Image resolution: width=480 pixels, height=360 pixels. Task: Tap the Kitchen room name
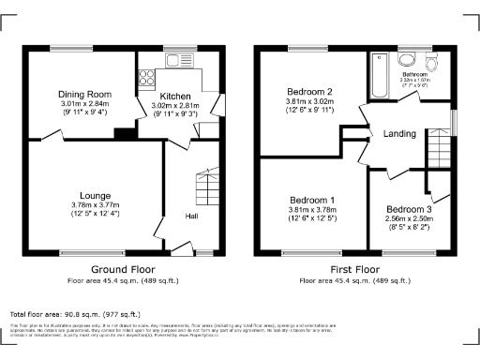click(x=175, y=97)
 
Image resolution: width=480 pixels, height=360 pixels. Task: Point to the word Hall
click(x=191, y=217)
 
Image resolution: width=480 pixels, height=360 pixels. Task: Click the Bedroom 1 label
click(x=311, y=201)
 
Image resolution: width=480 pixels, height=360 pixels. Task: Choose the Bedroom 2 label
click(x=310, y=90)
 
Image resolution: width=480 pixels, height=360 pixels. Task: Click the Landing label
click(x=400, y=134)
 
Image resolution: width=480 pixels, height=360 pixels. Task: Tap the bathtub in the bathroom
click(x=379, y=75)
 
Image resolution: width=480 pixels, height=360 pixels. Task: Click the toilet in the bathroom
click(x=431, y=62)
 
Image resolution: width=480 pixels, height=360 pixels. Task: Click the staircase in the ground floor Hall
click(x=205, y=187)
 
